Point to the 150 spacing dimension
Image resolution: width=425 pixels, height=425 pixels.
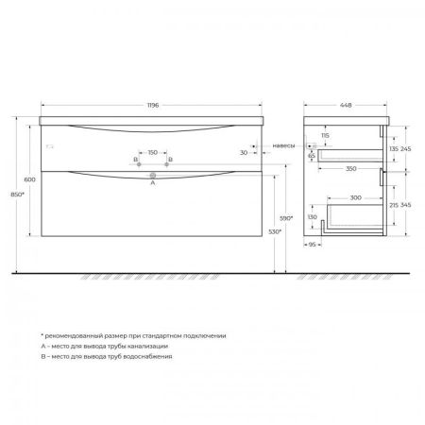[x=152, y=152]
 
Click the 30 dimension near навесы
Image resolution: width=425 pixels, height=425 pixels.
[x=243, y=152]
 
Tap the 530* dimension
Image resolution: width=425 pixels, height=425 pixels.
[x=273, y=230]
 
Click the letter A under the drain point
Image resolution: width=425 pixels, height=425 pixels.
[x=152, y=183]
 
